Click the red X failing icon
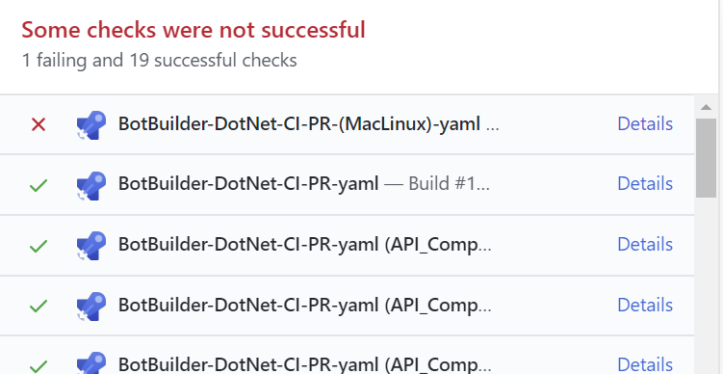coord(39,124)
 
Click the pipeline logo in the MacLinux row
coord(90,125)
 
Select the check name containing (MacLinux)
coord(298,124)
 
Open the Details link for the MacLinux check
coord(644,124)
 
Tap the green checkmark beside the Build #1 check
coord(39,184)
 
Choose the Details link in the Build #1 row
coord(644,184)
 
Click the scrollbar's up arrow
coord(706,106)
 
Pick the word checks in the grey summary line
coord(271,61)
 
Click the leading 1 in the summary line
coord(26,61)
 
